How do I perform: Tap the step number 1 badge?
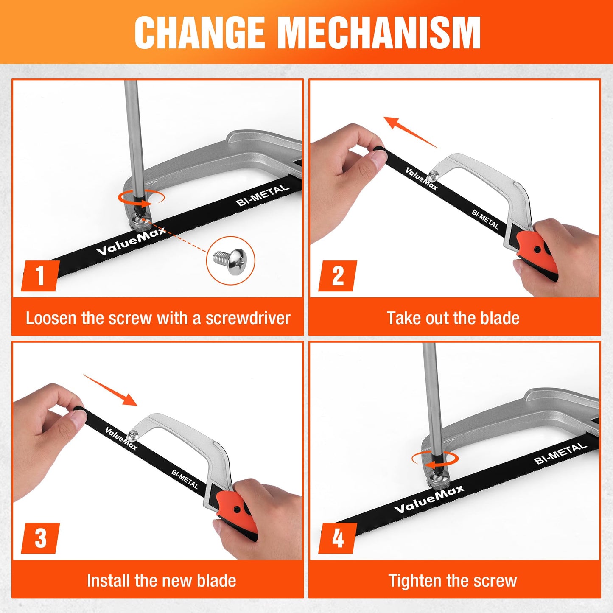(x=40, y=276)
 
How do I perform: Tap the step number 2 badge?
(x=337, y=276)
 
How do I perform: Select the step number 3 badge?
(x=40, y=538)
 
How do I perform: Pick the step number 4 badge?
(x=337, y=538)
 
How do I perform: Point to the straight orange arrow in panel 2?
(x=410, y=132)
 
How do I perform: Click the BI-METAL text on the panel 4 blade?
(x=560, y=454)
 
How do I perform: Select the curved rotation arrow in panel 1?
(x=142, y=198)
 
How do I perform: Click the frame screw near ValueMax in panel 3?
(x=134, y=434)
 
